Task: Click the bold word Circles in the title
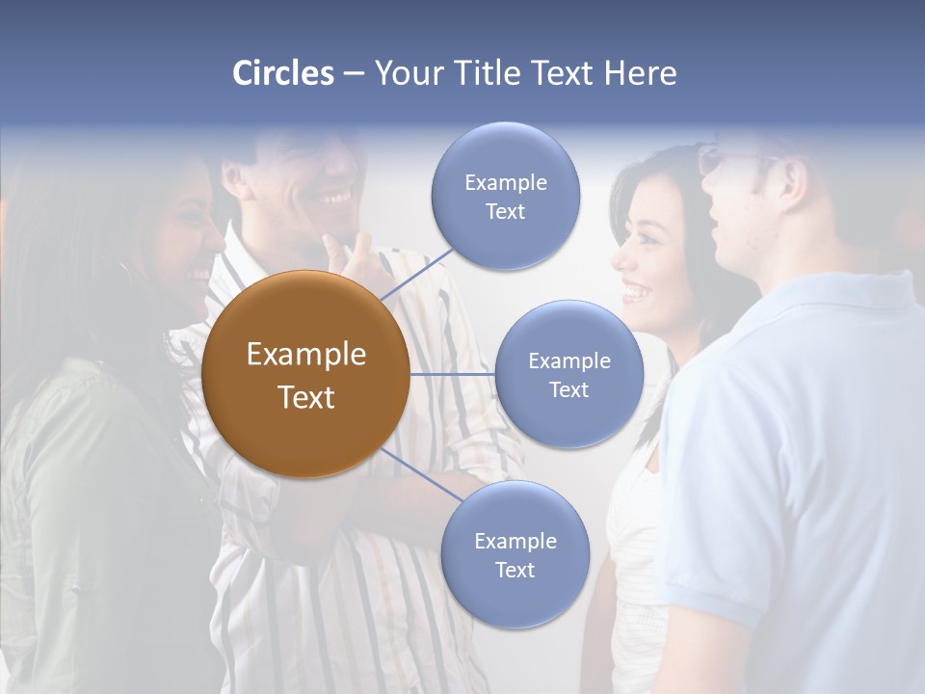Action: (282, 73)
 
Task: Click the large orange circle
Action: (305, 374)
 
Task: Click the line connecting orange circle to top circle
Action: (416, 272)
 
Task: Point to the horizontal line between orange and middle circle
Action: (452, 374)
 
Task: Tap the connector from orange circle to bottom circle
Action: (418, 476)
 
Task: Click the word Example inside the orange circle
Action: (305, 355)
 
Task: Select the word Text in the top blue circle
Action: (505, 212)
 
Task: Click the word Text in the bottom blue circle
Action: (515, 570)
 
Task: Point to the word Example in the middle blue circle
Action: (568, 360)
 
